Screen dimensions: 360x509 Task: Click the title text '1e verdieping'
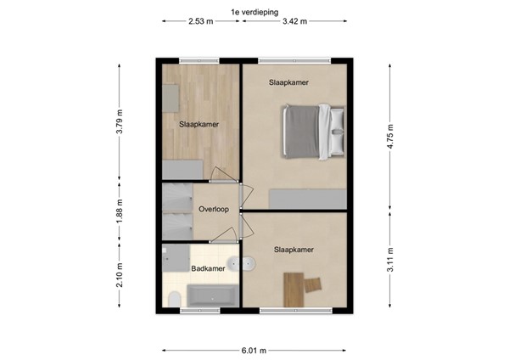tap(254, 11)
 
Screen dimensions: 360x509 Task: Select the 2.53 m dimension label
tap(202, 22)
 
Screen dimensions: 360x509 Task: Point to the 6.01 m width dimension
tap(254, 350)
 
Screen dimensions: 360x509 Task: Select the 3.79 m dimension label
tap(120, 124)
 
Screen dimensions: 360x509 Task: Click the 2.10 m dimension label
tap(120, 277)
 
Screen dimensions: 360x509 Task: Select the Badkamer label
tap(207, 269)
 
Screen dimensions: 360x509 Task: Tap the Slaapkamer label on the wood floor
tap(199, 124)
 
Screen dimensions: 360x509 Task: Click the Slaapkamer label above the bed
tap(288, 82)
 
